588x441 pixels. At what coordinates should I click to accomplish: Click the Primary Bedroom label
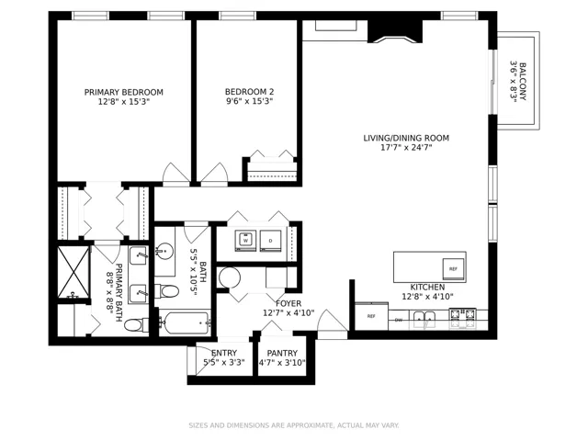point(124,92)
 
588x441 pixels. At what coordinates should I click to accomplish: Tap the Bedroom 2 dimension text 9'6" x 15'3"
point(249,101)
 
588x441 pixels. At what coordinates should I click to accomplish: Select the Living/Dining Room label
point(406,138)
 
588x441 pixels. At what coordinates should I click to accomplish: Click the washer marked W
point(245,240)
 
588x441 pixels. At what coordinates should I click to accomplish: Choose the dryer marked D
point(270,241)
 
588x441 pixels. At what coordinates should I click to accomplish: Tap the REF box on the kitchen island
point(453,269)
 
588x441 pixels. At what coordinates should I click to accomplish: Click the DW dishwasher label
point(398,320)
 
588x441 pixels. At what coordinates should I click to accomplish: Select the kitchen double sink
point(424,320)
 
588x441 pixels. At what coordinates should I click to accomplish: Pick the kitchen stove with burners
point(463,318)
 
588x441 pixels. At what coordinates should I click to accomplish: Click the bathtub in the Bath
point(185,322)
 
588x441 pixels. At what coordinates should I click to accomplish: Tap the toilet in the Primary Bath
point(135,324)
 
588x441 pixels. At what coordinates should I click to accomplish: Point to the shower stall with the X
point(73,272)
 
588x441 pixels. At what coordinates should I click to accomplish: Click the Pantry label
point(282,353)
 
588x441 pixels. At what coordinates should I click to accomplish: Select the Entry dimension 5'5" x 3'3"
point(224,363)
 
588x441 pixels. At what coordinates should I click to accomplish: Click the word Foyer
point(288,303)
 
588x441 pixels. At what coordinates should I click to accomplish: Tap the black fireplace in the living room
point(395,31)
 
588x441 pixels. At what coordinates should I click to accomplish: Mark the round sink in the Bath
point(164,250)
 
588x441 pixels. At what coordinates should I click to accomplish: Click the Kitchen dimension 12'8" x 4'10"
point(427,297)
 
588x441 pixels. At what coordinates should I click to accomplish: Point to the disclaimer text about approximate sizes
point(294,425)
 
